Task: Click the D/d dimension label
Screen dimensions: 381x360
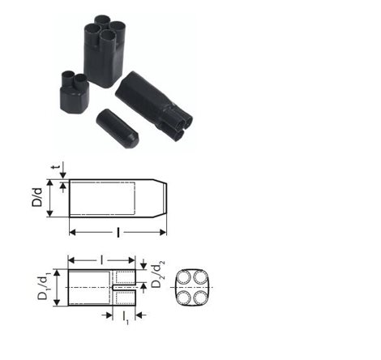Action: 37,198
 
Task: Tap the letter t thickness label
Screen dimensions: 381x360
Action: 56,167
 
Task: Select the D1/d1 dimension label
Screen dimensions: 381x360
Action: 44,287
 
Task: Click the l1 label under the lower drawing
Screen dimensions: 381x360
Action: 125,318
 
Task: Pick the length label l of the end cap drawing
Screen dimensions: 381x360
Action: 118,233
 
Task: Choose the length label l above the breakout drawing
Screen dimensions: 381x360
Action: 101,260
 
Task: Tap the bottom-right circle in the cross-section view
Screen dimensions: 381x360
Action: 200,298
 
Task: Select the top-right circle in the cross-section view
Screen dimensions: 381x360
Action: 200,277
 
